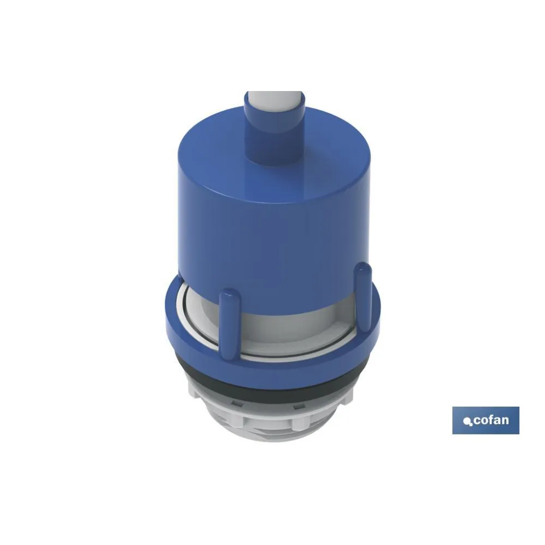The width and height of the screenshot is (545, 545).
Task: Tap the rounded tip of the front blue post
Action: click(230, 294)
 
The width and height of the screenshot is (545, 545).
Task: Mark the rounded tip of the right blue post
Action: click(362, 268)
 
